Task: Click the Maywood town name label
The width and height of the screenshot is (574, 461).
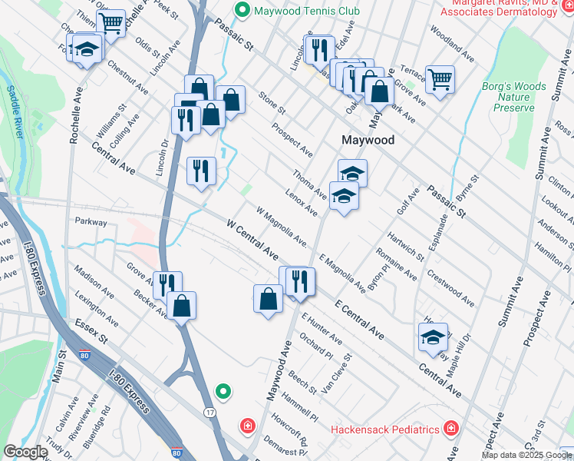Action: click(x=368, y=141)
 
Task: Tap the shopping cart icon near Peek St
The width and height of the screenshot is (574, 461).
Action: click(x=111, y=23)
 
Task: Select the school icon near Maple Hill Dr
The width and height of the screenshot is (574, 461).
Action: click(x=433, y=336)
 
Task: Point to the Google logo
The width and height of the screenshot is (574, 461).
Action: click(x=25, y=452)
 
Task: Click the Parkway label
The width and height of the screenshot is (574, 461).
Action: click(x=90, y=221)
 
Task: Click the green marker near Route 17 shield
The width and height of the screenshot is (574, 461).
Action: click(x=223, y=392)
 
